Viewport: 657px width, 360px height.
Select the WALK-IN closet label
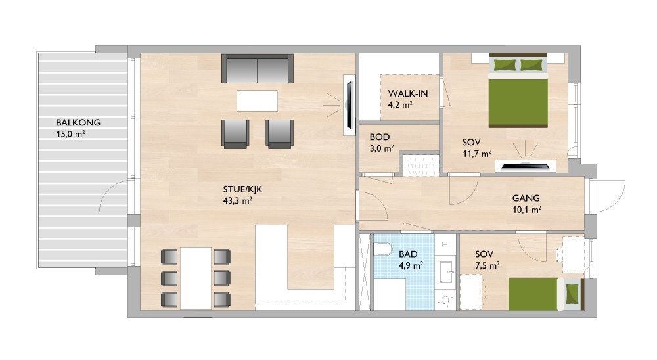(408, 93)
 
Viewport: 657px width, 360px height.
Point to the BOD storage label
(380, 137)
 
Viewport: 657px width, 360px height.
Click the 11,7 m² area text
(477, 154)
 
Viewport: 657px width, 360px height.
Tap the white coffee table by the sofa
(257, 101)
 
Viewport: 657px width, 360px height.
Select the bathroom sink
(447, 270)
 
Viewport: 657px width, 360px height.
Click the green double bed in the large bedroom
(518, 92)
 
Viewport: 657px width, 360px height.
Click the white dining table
(196, 277)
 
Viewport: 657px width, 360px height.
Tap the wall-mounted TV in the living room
(348, 104)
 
